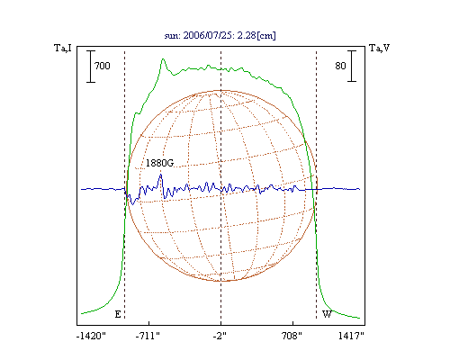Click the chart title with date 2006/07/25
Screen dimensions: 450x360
pyautogui.click(x=220, y=35)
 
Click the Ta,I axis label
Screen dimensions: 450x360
pyautogui.click(x=63, y=48)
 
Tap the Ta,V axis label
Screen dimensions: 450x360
pyautogui.click(x=379, y=48)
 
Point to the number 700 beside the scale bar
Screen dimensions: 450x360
pyautogui.click(x=103, y=66)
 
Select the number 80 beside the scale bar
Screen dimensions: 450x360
pyautogui.click(x=340, y=66)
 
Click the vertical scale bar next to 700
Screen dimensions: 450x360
pyautogui.click(x=91, y=67)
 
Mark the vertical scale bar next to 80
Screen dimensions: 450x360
pyautogui.click(x=352, y=66)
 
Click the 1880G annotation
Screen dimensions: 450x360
pyautogui.click(x=159, y=163)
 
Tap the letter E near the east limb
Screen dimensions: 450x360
pyautogui.click(x=118, y=314)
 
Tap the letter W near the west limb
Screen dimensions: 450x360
pyautogui.click(x=327, y=314)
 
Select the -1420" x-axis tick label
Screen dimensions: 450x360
pyautogui.click(x=91, y=336)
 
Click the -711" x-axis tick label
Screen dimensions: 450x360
pyautogui.click(x=148, y=336)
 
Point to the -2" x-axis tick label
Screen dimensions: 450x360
pyautogui.click(x=220, y=336)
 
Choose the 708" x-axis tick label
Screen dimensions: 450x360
pyautogui.click(x=292, y=336)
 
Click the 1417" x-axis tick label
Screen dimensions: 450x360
pyautogui.click(x=351, y=336)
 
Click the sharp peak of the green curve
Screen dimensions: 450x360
pyautogui.click(x=163, y=59)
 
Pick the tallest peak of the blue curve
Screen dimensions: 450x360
pyautogui.click(x=161, y=175)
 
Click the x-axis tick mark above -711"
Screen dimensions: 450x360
pyautogui.click(x=149, y=323)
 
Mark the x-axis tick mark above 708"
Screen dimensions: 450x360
pyautogui.click(x=292, y=323)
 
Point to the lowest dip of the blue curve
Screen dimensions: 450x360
pyautogui.click(x=133, y=204)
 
